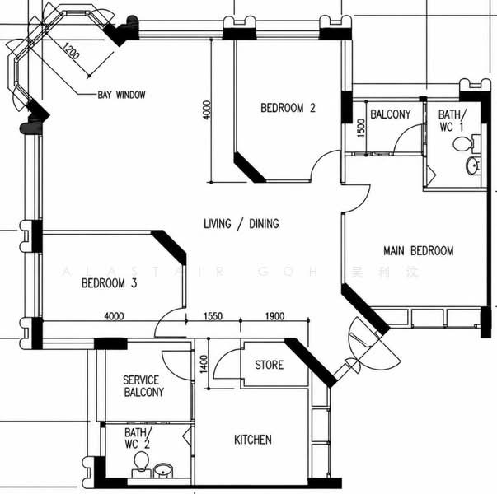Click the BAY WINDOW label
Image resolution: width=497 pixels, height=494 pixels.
[121, 95]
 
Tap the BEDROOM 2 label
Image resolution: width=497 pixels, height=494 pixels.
[288, 108]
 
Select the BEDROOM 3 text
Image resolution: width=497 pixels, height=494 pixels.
[109, 282]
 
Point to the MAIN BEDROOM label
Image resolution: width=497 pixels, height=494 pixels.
[419, 251]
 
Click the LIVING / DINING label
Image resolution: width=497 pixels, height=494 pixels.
[241, 224]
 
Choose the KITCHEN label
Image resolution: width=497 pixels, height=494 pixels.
[252, 440]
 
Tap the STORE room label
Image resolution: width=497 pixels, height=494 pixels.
[269, 365]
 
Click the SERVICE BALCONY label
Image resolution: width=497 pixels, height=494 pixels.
[143, 386]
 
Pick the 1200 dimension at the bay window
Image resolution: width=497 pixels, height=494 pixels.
[71, 51]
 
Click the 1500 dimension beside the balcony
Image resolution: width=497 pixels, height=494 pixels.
[361, 128]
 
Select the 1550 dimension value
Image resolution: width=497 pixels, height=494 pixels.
[213, 316]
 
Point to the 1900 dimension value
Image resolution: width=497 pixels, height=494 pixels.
[274, 316]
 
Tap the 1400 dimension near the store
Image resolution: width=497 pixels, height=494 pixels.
[204, 364]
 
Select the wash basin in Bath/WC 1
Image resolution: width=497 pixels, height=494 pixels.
[473, 165]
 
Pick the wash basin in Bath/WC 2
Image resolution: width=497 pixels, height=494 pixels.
[163, 471]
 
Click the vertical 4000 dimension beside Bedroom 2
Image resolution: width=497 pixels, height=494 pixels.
[206, 110]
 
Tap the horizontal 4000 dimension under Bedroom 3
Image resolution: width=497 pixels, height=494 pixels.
[114, 316]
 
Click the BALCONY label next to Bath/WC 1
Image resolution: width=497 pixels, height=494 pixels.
[390, 114]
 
